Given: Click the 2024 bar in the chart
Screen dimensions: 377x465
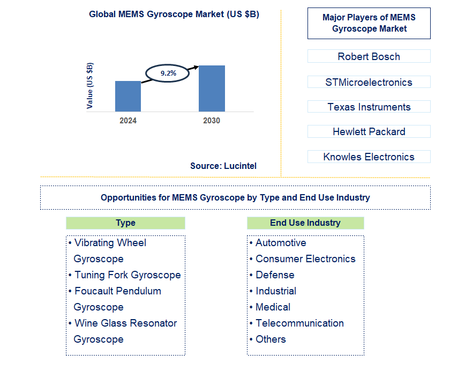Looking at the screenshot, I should [x=128, y=97].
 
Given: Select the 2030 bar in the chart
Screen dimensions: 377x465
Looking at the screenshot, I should [x=212, y=88].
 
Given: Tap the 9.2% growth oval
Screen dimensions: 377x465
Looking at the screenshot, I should [x=168, y=73].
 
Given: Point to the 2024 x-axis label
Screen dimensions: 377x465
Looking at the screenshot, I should [x=128, y=121].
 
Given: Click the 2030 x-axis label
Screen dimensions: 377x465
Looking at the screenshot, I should [x=212, y=121].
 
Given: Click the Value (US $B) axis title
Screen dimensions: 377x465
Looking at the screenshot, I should [x=90, y=86].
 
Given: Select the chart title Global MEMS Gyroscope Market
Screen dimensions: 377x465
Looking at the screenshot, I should [x=174, y=14].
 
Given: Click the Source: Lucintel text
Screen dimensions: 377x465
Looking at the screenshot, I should [x=223, y=166].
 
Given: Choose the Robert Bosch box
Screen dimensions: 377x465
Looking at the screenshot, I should [x=369, y=56].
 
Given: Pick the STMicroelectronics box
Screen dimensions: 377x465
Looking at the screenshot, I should [x=369, y=82].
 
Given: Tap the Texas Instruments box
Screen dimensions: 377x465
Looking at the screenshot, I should [x=369, y=107].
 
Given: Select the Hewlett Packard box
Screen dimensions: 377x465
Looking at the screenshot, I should [x=369, y=131].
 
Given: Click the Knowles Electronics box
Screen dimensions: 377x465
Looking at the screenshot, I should [x=369, y=157].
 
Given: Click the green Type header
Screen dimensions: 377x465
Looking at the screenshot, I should [x=125, y=223].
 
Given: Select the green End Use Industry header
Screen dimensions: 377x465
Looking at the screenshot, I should [x=305, y=223].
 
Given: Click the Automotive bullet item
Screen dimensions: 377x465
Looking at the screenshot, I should [x=281, y=243].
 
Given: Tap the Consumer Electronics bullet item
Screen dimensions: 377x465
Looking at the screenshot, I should [x=305, y=259].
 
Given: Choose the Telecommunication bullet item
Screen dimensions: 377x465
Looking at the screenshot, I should [x=299, y=323].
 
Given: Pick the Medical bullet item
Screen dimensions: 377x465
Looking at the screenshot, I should [x=273, y=307].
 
